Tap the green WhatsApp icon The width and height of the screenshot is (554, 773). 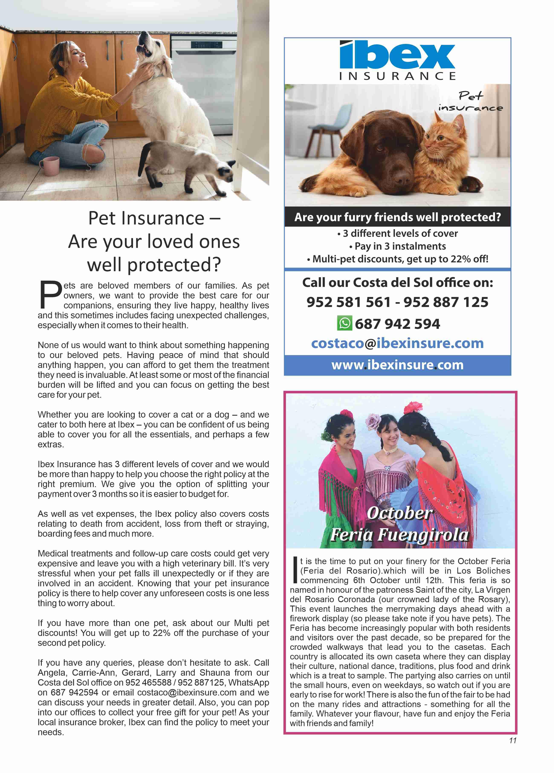344,323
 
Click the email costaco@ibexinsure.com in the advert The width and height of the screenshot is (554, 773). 397,343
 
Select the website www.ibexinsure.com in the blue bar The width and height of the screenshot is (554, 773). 397,365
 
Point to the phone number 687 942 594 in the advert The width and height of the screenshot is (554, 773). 397,323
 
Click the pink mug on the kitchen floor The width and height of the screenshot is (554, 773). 50,166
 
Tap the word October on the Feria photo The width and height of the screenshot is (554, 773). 399,513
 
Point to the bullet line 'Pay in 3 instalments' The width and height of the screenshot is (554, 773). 397,246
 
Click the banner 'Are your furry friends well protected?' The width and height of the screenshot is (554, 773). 397,217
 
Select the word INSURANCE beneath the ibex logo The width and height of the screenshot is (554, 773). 397,76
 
